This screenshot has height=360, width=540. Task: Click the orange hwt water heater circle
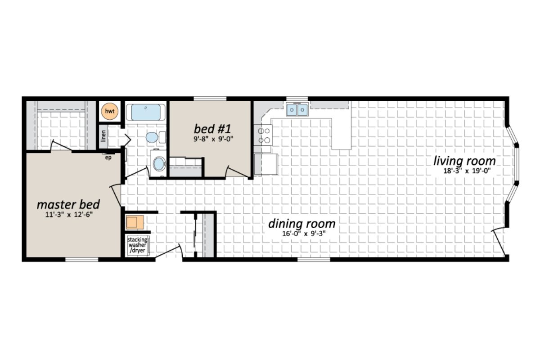pos(108,111)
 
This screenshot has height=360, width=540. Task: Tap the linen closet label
pos(103,135)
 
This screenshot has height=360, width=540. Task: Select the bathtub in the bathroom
pos(145,112)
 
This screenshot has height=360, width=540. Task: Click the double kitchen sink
pos(297,109)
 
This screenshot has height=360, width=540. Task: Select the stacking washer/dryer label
pos(137,245)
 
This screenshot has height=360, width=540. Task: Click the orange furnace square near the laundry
pos(134,222)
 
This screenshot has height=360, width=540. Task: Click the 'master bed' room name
pos(68,205)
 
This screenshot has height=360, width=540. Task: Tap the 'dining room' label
pos(301,224)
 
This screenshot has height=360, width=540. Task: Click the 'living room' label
pos(464,161)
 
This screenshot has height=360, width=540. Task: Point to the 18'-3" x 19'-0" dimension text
pos(465,171)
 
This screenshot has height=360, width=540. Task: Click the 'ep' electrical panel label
pos(108,157)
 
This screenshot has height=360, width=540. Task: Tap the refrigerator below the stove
pos(266,164)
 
